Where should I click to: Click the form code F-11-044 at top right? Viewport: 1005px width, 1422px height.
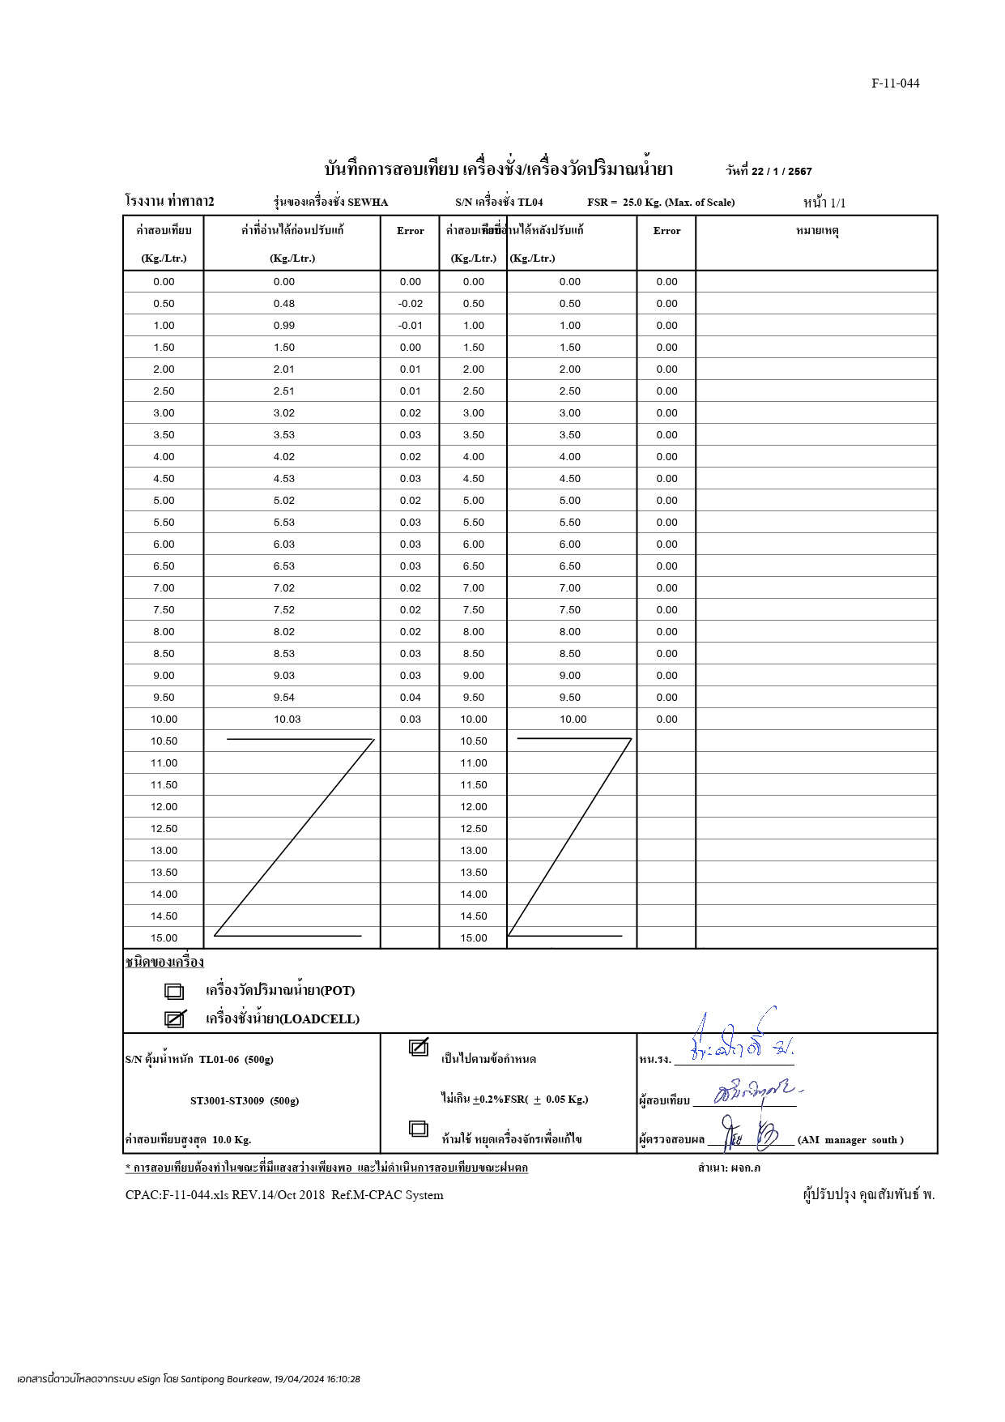click(x=895, y=83)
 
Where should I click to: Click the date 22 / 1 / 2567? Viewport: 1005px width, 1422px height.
click(x=781, y=172)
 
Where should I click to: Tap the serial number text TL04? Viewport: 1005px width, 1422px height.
click(x=530, y=203)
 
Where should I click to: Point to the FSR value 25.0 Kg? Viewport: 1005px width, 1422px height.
click(x=641, y=203)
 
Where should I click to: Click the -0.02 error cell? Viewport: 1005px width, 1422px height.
click(x=411, y=304)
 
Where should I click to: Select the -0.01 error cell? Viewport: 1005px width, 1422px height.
click(x=411, y=326)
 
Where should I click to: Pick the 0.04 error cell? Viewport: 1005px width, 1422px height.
click(x=411, y=698)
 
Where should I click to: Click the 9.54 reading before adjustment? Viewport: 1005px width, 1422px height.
click(x=284, y=698)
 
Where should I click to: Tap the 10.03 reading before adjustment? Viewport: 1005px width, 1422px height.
click(x=287, y=720)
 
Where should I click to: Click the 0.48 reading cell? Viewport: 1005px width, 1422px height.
click(x=284, y=304)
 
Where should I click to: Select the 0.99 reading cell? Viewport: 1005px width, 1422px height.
click(x=284, y=326)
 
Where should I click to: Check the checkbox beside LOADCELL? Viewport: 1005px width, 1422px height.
click(x=174, y=1019)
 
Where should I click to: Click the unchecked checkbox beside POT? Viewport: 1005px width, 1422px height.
click(x=174, y=991)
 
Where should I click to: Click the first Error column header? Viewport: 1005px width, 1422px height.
click(x=411, y=231)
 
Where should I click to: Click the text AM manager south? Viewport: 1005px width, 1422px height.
click(x=850, y=1140)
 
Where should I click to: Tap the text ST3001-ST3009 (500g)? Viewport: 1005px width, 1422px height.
click(x=245, y=1101)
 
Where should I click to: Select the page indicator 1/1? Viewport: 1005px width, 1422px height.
click(x=837, y=203)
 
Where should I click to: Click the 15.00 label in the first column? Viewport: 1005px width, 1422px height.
click(x=164, y=938)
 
